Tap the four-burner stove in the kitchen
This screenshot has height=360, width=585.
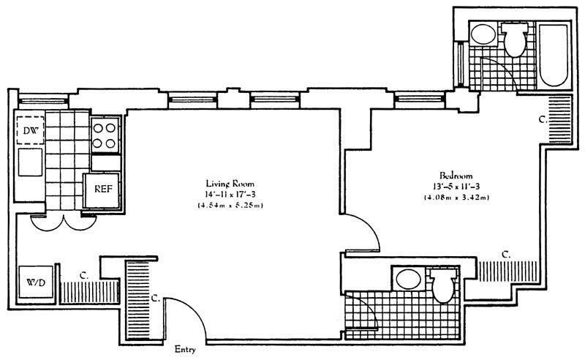pyautogui.click(x=105, y=135)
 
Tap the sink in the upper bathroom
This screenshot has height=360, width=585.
pyautogui.click(x=481, y=35)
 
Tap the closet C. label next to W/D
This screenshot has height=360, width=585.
pyautogui.click(x=85, y=277)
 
